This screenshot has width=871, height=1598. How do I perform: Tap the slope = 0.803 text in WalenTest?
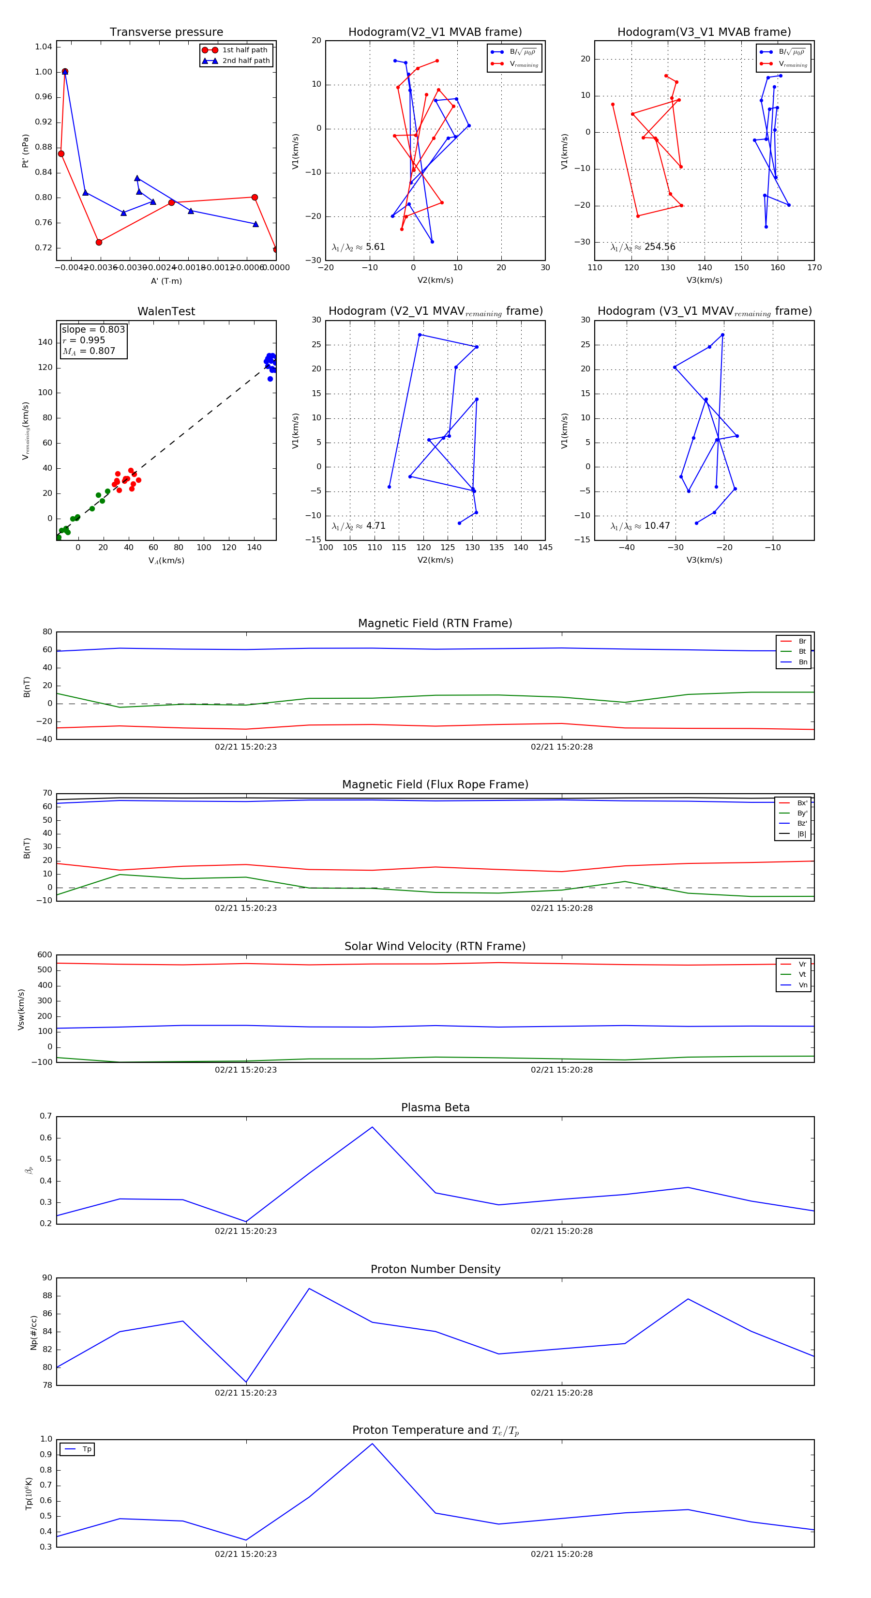[x=93, y=329]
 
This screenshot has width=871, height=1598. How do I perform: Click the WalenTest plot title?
[x=166, y=311]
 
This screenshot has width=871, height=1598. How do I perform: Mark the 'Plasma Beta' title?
[x=435, y=1107]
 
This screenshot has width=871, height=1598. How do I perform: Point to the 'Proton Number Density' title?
[x=435, y=1269]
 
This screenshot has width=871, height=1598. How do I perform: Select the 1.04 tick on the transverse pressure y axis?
[x=44, y=47]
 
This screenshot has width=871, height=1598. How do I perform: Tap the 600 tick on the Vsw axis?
[x=45, y=955]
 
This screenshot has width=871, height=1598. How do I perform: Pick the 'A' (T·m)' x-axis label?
[x=166, y=281]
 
